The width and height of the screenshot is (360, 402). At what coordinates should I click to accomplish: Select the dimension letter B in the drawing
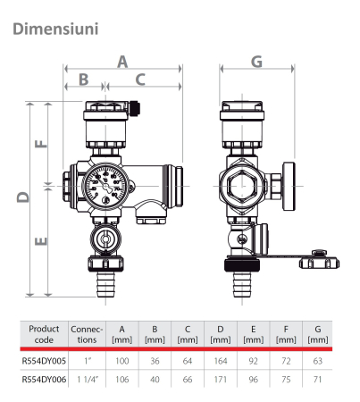tap(84, 80)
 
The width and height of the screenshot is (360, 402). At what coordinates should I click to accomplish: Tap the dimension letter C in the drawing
tap(141, 80)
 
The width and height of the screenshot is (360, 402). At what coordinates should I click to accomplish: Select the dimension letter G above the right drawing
tap(256, 61)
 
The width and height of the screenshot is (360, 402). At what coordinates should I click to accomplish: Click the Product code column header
tap(44, 334)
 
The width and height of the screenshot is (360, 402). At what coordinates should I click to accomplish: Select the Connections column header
tap(88, 334)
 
